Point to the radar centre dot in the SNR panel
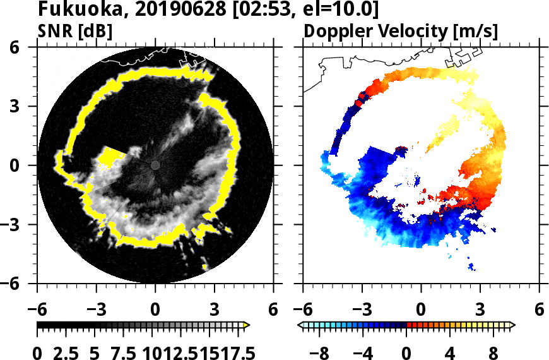155,165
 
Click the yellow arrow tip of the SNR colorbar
247,325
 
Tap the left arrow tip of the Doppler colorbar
299,325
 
